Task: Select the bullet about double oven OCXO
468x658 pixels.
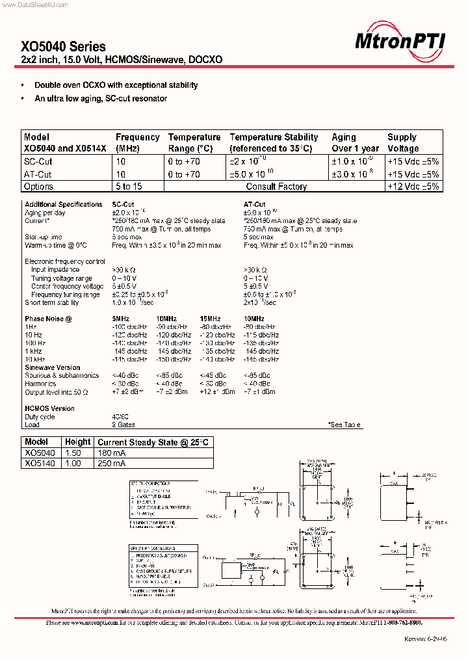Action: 116,85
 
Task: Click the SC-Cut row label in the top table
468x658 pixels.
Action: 38,161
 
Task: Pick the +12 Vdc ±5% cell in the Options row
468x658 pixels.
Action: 413,186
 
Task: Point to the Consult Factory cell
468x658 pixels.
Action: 276,186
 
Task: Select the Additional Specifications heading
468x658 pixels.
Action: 64,204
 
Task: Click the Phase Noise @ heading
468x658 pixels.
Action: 48,319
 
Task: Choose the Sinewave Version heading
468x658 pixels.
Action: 53,367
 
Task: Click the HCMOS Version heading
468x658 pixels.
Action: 50,408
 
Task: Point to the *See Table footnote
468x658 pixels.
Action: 345,425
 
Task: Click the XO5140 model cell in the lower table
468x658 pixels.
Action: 40,464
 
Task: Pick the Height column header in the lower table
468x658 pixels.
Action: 78,442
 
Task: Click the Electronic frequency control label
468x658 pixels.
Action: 65,261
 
